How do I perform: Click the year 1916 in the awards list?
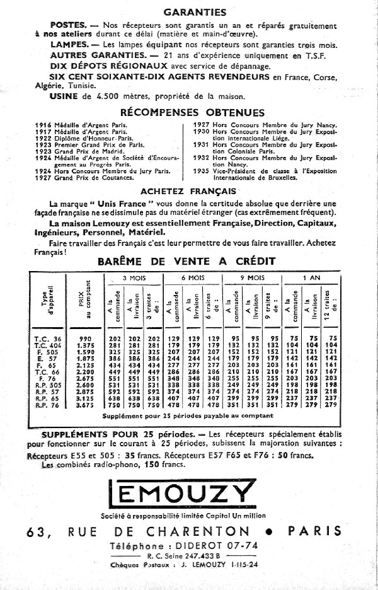coord(43,125)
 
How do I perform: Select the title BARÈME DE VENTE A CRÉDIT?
coord(186,260)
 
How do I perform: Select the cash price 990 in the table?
coord(85,338)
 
